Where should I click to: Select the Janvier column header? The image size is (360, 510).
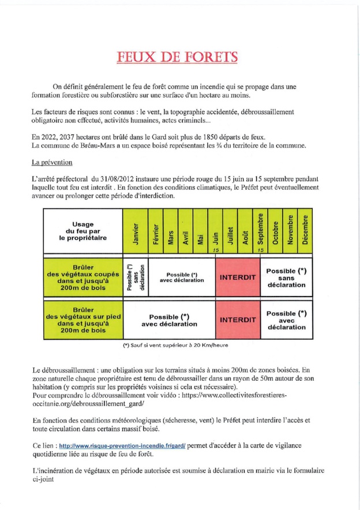click(x=136, y=232)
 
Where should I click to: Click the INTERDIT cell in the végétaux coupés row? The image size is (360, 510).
click(x=237, y=277)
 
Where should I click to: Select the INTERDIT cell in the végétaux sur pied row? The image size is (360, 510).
click(x=237, y=318)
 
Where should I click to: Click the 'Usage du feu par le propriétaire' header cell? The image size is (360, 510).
click(x=84, y=232)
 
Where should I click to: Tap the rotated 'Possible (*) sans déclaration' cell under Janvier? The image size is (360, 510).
click(x=136, y=277)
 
